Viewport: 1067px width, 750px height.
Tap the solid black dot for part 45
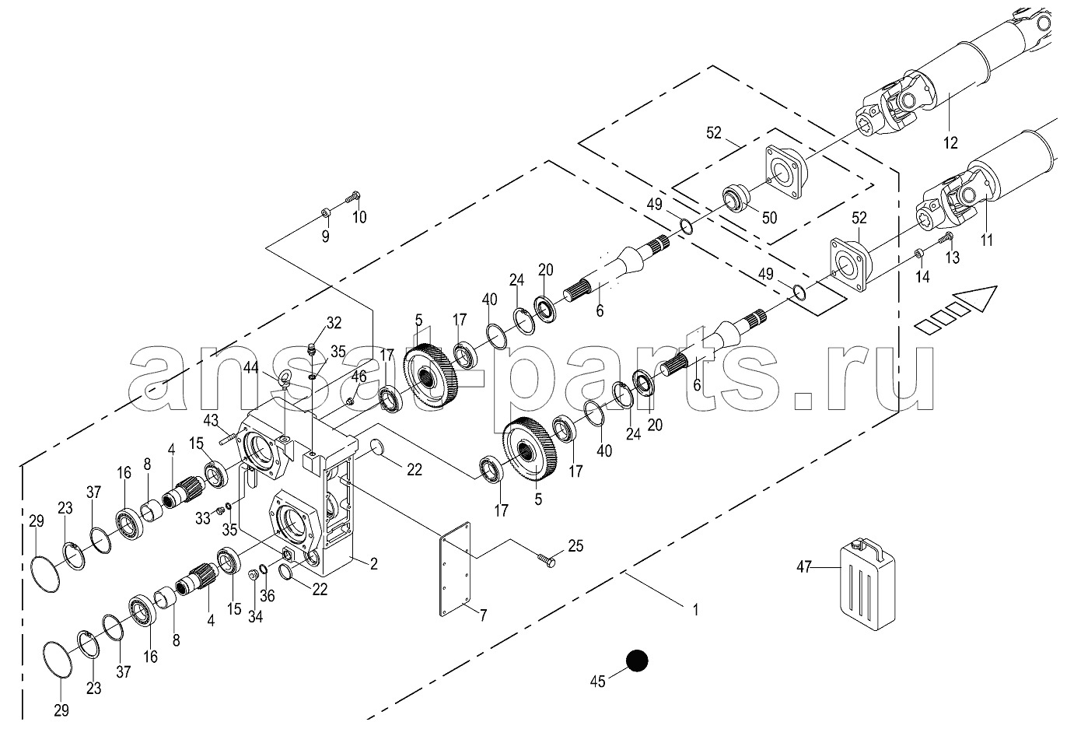pyautogui.click(x=637, y=661)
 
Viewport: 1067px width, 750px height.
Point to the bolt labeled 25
pyautogui.click(x=547, y=560)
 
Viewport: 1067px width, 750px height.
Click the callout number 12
pyautogui.click(x=950, y=142)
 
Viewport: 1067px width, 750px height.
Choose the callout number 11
pyautogui.click(x=987, y=240)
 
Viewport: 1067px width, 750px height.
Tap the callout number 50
pyautogui.click(x=769, y=218)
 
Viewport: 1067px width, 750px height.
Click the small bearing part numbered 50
pyautogui.click(x=735, y=200)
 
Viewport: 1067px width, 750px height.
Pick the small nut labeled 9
pyautogui.click(x=326, y=212)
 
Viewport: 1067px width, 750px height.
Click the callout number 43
pyautogui.click(x=211, y=420)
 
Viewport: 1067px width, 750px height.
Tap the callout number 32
pyautogui.click(x=334, y=323)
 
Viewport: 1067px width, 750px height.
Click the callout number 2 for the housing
pyautogui.click(x=373, y=564)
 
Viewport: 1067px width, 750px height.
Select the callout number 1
pyautogui.click(x=695, y=609)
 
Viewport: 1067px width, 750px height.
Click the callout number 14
pyautogui.click(x=922, y=277)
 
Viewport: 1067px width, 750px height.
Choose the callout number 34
pyautogui.click(x=255, y=617)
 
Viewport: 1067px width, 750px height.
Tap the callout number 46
pyautogui.click(x=359, y=377)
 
